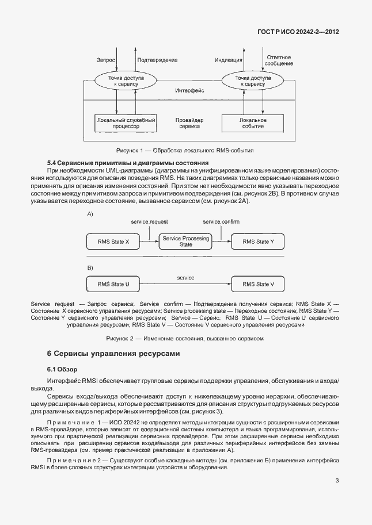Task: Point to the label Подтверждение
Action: coord(157,60)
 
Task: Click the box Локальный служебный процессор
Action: coord(117,122)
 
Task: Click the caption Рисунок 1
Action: coord(185,150)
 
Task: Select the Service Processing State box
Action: coord(185,242)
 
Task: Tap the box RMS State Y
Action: coord(258,242)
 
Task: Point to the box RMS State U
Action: coord(113,284)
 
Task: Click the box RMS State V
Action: coord(258,284)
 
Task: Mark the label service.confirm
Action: coord(221,222)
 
